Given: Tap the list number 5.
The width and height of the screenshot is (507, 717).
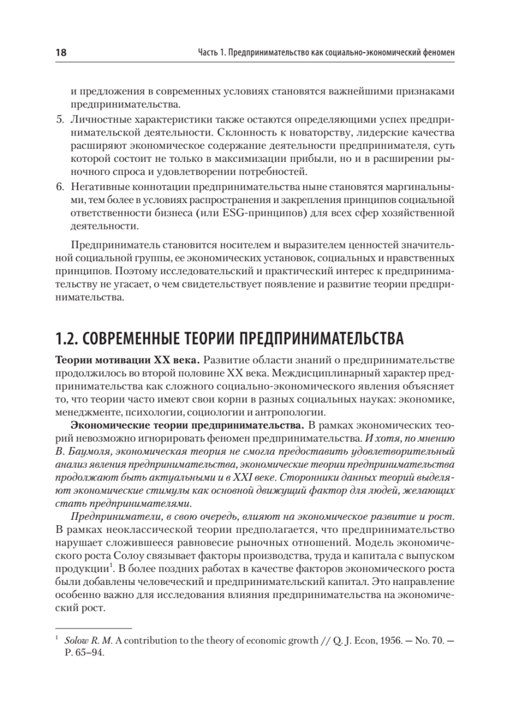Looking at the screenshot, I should pos(59,121).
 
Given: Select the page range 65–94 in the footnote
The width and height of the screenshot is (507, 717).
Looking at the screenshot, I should pos(90,653).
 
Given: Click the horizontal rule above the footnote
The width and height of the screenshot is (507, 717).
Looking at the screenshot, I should pos(93,629).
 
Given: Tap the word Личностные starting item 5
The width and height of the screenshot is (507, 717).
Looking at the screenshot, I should pos(94,121).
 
